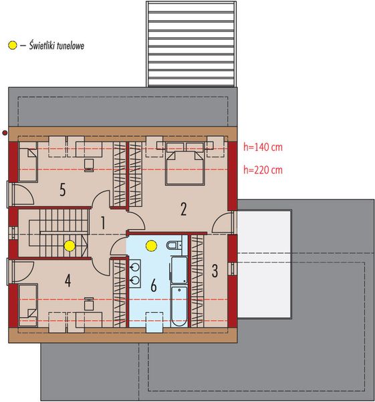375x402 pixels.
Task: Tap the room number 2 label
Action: (x=183, y=208)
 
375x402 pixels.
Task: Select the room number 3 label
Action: (x=215, y=271)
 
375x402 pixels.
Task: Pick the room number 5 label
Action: (x=62, y=191)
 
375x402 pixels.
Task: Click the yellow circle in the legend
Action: (x=11, y=46)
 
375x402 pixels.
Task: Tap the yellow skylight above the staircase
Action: (x=69, y=245)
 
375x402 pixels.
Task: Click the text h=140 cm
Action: (x=261, y=145)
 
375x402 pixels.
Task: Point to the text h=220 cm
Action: (x=261, y=170)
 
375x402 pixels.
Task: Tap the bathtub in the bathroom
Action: (x=178, y=306)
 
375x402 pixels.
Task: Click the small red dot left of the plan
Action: (x=5, y=133)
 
